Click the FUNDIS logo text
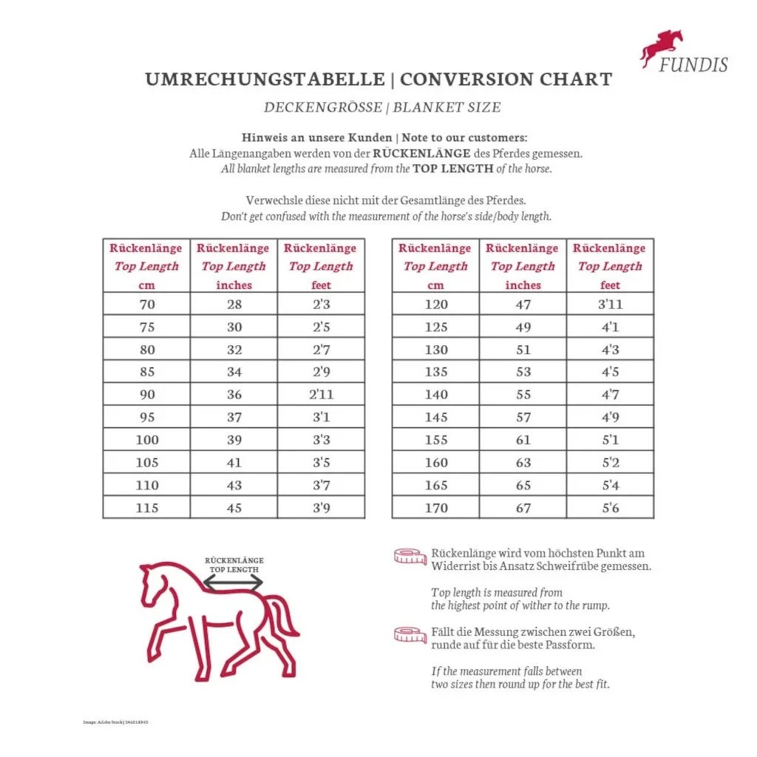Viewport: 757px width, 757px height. point(693,64)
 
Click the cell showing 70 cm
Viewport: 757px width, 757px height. point(146,304)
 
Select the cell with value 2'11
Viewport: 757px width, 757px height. point(321,394)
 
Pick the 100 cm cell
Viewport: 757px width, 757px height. point(146,440)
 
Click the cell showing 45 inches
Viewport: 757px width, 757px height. point(234,508)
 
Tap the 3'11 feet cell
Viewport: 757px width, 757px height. point(610,304)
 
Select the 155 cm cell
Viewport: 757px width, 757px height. point(435,440)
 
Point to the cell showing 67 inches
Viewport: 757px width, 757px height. point(523,508)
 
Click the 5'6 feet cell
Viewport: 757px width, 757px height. point(610,508)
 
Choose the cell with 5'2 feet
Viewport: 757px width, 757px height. point(610,463)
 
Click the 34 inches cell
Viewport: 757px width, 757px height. point(234,372)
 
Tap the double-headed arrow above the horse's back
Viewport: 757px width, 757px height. point(233,584)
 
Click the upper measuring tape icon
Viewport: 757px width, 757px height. point(410,556)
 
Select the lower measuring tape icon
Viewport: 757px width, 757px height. point(410,634)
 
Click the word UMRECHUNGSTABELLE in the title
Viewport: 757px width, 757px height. point(265,80)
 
